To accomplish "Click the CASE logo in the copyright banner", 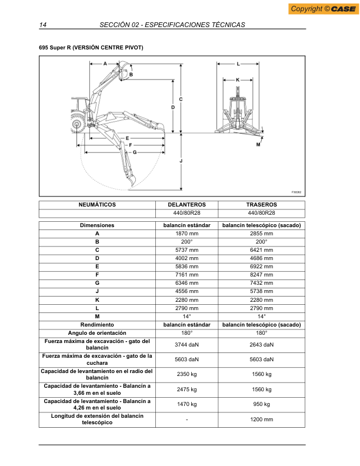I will coord(343,9).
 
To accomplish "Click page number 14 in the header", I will coord(43,25).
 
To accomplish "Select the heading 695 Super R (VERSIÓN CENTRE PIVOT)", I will coord(91,47).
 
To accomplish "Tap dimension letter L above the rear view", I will coord(238,62).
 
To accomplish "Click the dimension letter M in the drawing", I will coord(258,144).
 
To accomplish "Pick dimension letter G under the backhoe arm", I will coord(135,152).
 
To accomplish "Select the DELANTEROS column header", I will coord(186,205).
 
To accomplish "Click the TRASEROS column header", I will coord(261,205).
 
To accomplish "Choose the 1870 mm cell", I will coord(186,234).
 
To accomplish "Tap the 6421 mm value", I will coord(261,250).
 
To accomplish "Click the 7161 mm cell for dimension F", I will coord(186,275).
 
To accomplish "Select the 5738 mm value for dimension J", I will coord(261,291).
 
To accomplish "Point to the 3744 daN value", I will coord(186,345).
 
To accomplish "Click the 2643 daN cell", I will coord(261,345).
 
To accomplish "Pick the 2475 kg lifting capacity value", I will coord(186,390).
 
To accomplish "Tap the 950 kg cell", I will coord(261,404).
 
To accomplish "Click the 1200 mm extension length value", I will coord(261,420).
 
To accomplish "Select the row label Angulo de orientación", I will coord(97,332).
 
